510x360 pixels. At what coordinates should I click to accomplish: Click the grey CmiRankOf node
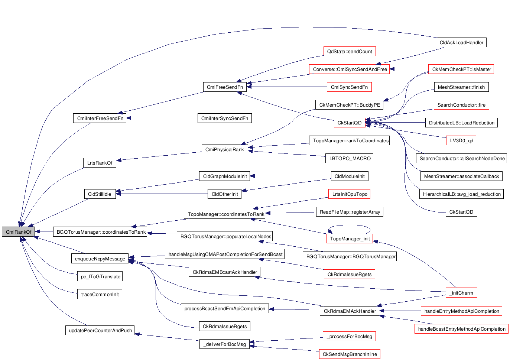19,232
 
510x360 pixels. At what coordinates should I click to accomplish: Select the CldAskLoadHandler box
461,42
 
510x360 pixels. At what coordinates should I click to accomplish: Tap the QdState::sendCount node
349,51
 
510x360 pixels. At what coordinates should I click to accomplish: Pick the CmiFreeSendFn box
225,87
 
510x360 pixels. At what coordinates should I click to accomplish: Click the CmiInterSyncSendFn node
224,118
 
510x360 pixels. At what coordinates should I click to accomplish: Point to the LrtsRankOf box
100,163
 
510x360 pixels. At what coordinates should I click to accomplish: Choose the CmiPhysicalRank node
224,149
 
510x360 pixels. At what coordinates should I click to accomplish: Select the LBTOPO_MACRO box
350,158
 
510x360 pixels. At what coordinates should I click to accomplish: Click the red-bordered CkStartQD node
349,123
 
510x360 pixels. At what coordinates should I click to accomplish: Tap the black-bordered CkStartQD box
461,212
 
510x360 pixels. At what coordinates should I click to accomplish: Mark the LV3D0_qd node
461,140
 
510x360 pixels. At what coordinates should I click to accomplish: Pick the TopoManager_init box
350,239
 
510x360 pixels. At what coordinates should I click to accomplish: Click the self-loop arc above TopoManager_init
349,225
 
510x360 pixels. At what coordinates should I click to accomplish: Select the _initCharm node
461,293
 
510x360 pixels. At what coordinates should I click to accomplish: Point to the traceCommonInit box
100,294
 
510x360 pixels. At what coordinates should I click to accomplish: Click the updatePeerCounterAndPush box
100,330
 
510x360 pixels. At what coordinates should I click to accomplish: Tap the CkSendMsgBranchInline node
350,354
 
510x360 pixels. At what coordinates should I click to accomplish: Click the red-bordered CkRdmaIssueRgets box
349,274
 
